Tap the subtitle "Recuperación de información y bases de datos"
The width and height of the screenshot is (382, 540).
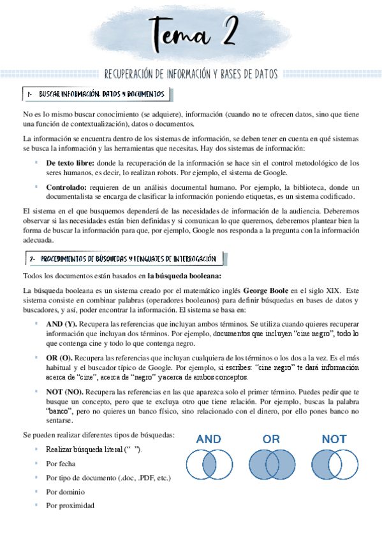191,75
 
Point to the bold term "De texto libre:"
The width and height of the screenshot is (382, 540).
71,163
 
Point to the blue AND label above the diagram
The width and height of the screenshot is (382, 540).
209,439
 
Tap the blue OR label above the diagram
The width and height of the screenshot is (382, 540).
271,439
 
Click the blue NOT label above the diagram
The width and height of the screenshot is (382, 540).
334,439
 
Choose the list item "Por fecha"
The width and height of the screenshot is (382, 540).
61,464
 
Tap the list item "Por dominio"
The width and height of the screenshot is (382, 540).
65,492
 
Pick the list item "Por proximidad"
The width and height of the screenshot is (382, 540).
70,506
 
